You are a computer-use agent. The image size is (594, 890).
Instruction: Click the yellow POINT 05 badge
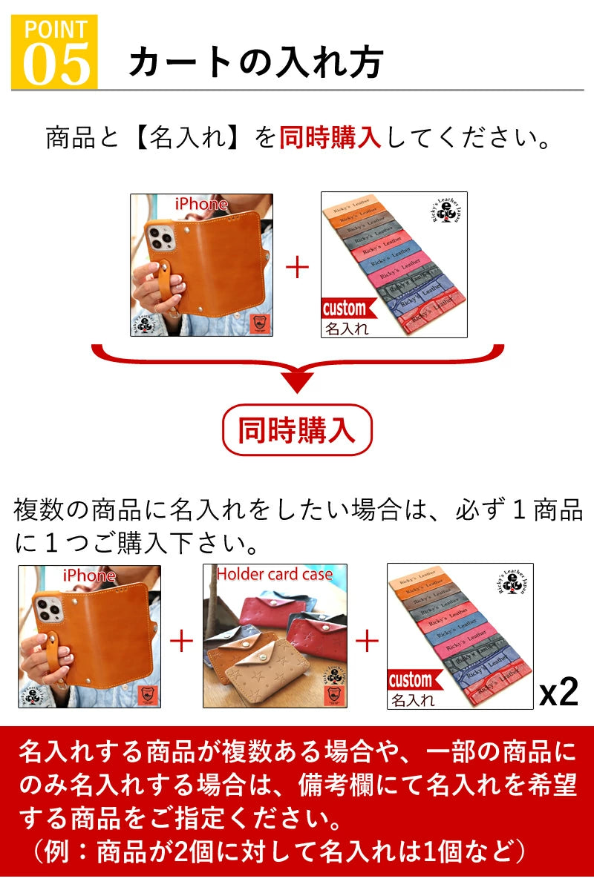point(54,52)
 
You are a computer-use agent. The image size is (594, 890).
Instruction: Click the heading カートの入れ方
point(255,62)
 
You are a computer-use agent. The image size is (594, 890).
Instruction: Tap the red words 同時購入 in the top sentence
point(330,137)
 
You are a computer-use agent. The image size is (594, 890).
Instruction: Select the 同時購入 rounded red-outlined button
point(297,430)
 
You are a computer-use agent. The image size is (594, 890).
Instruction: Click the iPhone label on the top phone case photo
point(201,203)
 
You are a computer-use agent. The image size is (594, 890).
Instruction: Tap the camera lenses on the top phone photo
point(163,237)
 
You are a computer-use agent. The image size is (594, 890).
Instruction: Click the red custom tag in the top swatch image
point(344,309)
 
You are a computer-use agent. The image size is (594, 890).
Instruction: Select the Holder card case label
point(275,574)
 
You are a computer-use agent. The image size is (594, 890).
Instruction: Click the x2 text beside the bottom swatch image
point(558,692)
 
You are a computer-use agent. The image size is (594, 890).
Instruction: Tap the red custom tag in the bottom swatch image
point(411,680)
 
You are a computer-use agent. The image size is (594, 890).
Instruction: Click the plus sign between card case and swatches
point(368,640)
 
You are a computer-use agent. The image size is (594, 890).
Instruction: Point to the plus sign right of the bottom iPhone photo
point(182,640)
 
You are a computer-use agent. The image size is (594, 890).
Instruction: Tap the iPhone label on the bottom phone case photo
point(89,576)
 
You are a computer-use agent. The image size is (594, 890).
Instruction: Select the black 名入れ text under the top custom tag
point(346,329)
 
